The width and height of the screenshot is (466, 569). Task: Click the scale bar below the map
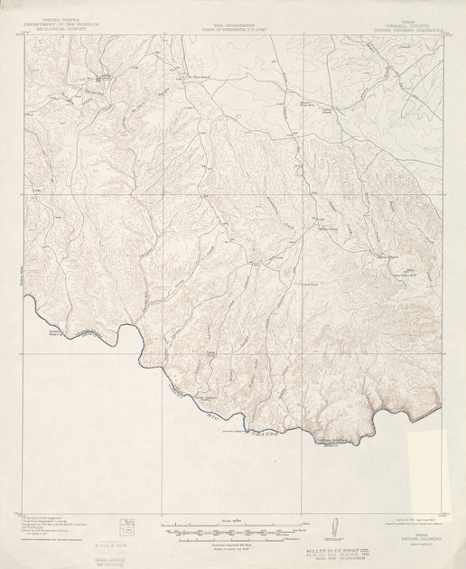[233, 526]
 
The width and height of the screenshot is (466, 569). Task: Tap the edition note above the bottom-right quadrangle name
[411, 521]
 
